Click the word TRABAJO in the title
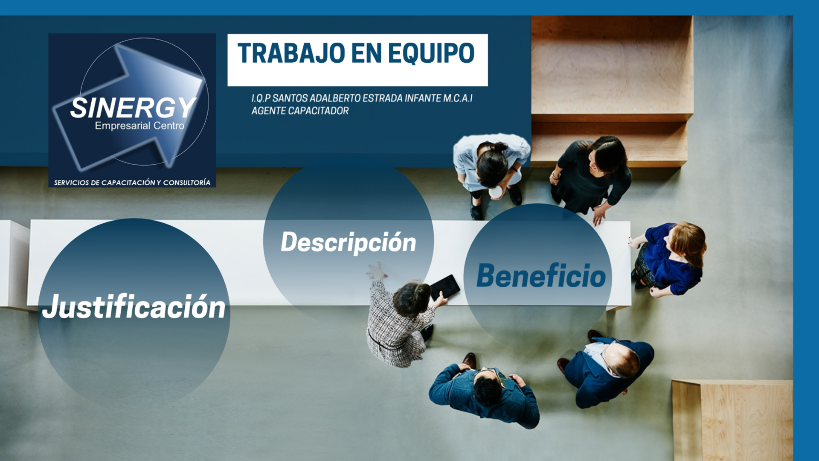click(291, 53)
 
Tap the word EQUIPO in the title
click(431, 54)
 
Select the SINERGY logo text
click(133, 108)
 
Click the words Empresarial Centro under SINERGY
click(139, 125)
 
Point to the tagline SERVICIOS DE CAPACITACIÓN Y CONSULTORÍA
click(132, 183)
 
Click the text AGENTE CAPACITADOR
click(300, 111)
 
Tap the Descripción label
click(349, 242)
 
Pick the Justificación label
click(134, 306)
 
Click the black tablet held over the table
click(445, 287)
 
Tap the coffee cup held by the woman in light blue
click(496, 193)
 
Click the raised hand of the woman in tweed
click(377, 271)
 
